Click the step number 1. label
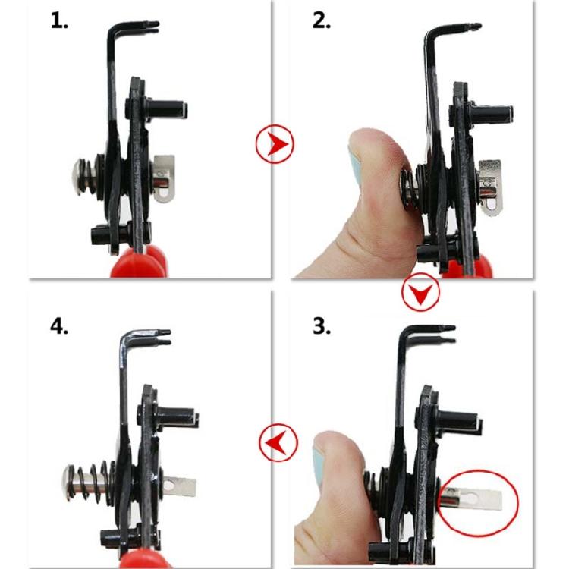click(x=59, y=20)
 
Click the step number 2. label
click(x=322, y=20)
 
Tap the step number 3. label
click(x=322, y=326)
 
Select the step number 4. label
click(x=60, y=326)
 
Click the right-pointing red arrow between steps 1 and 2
click(x=275, y=143)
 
